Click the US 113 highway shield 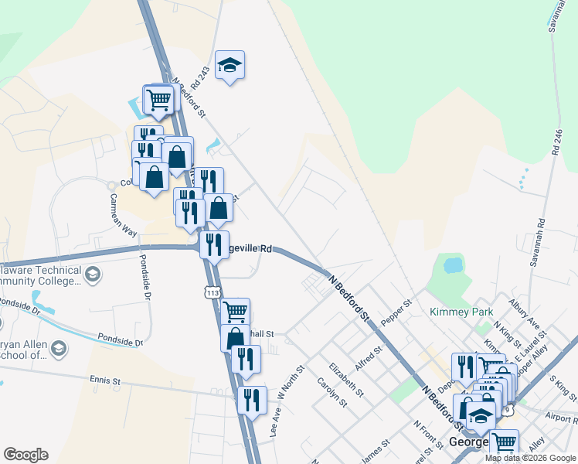pos(212,291)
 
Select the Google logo pos(25,455)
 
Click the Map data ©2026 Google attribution pos(530,458)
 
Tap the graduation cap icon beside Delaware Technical pos(92,275)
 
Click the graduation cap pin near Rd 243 pos(229,65)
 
